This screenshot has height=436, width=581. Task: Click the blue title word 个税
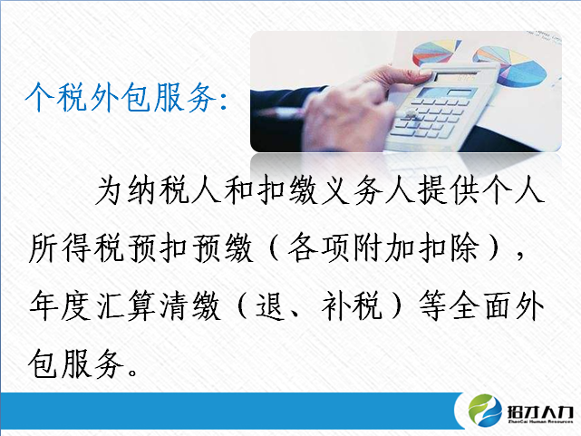coord(56,97)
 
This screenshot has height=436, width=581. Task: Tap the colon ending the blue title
coord(223,101)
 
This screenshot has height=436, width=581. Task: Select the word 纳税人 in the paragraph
coord(174,191)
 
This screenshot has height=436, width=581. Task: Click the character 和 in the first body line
coord(239,191)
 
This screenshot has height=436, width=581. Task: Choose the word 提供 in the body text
coord(450,191)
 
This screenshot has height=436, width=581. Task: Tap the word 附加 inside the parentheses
coord(383,248)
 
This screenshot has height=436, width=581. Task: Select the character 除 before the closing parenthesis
coord(463,248)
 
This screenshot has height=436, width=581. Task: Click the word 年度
coord(60,306)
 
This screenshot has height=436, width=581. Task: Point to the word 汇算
coord(126,306)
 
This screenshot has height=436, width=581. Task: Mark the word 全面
coord(481,306)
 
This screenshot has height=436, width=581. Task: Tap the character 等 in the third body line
coord(432,306)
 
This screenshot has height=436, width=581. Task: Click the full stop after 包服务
coord(132,372)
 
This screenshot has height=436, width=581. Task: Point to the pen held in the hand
coord(282,111)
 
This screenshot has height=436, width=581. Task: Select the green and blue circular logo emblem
coord(485,411)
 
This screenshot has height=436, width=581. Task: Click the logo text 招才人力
coord(540,412)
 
